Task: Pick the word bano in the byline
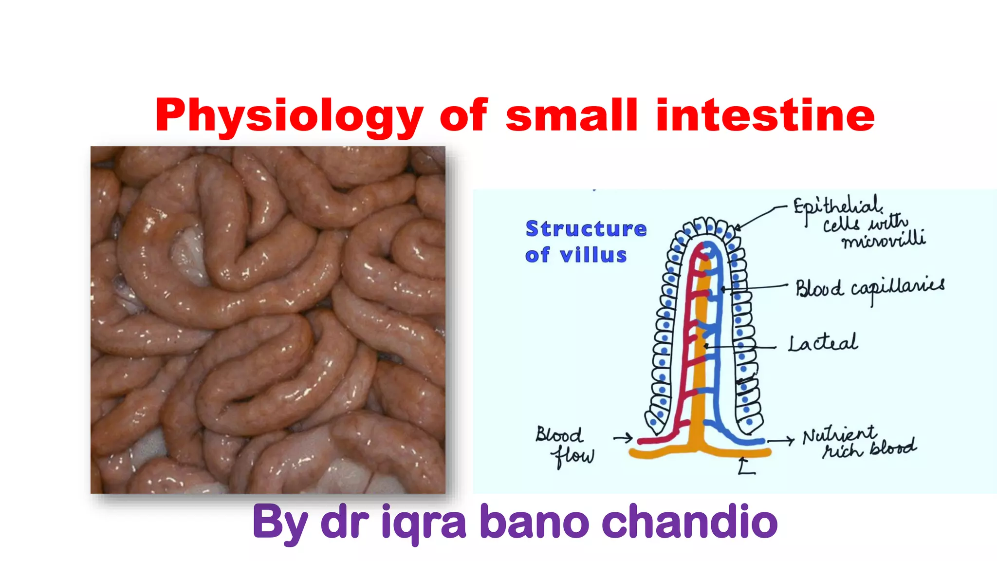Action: tap(535, 522)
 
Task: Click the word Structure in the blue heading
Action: tap(586, 229)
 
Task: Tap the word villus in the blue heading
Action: tap(593, 255)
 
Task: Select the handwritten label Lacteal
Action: tap(823, 343)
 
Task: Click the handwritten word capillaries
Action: tap(898, 288)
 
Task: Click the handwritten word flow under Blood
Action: tap(572, 456)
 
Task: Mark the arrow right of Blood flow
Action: tap(623, 438)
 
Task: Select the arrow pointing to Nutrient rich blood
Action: tap(781, 441)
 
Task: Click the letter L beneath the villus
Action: tap(745, 467)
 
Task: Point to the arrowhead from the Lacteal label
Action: tap(706, 346)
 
